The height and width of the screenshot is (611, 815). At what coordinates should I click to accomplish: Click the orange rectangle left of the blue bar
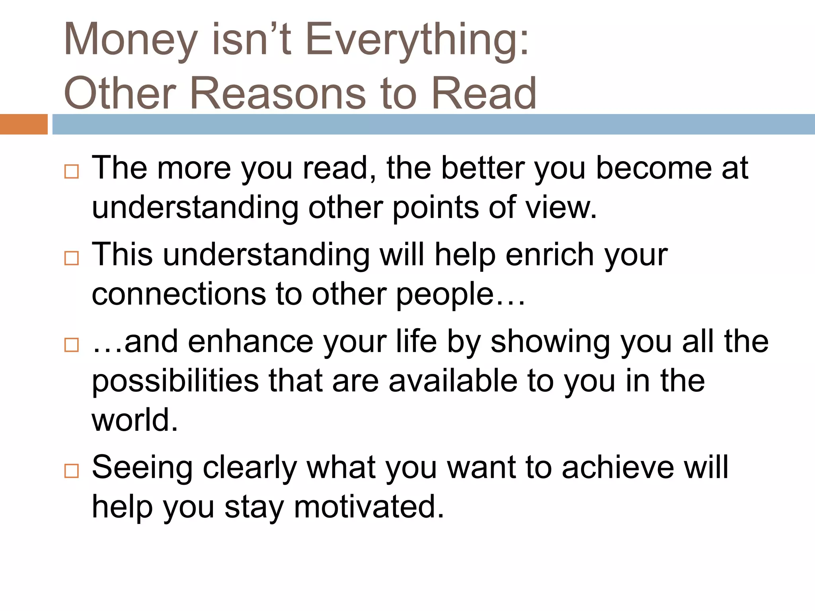pos(23,124)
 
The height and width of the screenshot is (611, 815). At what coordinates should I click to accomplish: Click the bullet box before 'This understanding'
pos(72,258)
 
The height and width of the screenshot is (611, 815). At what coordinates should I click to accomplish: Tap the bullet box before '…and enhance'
pos(72,344)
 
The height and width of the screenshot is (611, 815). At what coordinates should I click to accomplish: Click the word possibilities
pos(175,381)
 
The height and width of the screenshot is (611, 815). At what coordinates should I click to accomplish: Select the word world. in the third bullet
pos(135,420)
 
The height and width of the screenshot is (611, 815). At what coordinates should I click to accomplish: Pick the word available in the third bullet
pos(453,381)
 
